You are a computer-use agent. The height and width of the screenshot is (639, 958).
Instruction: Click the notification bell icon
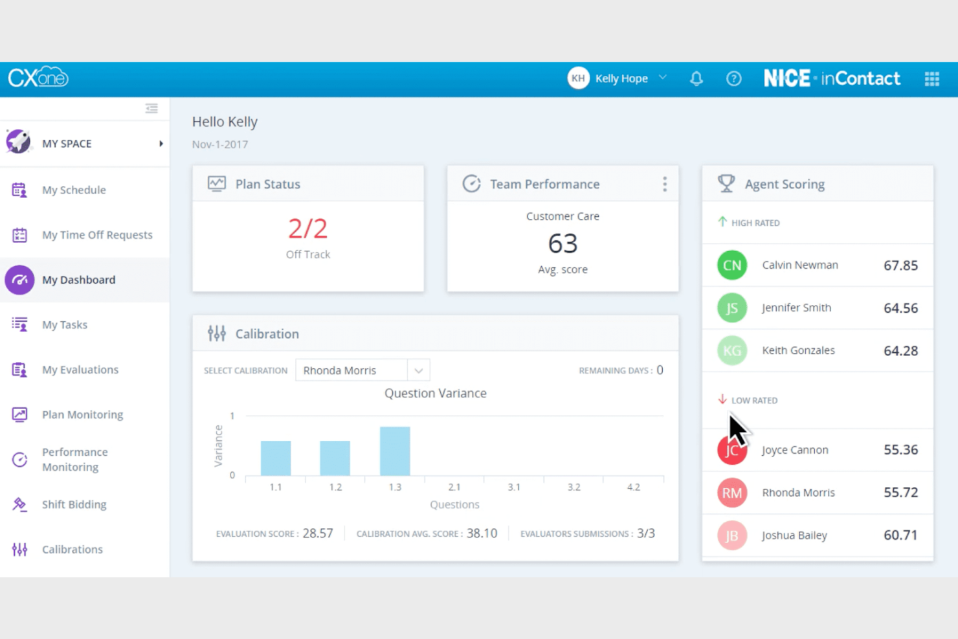696,79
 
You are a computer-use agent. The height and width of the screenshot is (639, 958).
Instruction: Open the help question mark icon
733,79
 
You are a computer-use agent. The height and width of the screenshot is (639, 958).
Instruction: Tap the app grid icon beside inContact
931,79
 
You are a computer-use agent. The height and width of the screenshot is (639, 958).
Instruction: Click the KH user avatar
578,78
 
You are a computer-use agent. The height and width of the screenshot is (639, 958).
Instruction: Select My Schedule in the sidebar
74,190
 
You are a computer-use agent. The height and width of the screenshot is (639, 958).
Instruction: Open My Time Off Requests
97,235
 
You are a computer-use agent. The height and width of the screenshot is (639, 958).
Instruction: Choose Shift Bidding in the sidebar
74,504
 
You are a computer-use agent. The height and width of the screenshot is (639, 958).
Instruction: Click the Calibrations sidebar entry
72,549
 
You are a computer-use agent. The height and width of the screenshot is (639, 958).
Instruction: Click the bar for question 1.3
395,451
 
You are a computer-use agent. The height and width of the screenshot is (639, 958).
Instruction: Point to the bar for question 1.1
276,458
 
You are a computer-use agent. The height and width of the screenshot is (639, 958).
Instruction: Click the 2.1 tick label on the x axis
454,487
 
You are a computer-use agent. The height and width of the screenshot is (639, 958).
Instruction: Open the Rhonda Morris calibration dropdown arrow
419,370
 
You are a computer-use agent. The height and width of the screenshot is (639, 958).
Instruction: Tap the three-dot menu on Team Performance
664,185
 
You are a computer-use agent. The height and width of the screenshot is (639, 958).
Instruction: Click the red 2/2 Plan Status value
307,229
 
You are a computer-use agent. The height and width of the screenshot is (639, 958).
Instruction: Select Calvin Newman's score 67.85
900,265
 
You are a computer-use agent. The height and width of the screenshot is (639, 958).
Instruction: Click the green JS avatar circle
732,308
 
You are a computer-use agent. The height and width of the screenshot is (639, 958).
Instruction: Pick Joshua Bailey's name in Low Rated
794,535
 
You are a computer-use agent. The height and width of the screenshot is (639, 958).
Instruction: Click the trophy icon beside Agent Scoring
726,184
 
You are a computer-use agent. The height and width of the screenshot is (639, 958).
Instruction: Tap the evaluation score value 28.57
318,533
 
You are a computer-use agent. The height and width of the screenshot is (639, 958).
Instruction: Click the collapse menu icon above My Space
151,109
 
